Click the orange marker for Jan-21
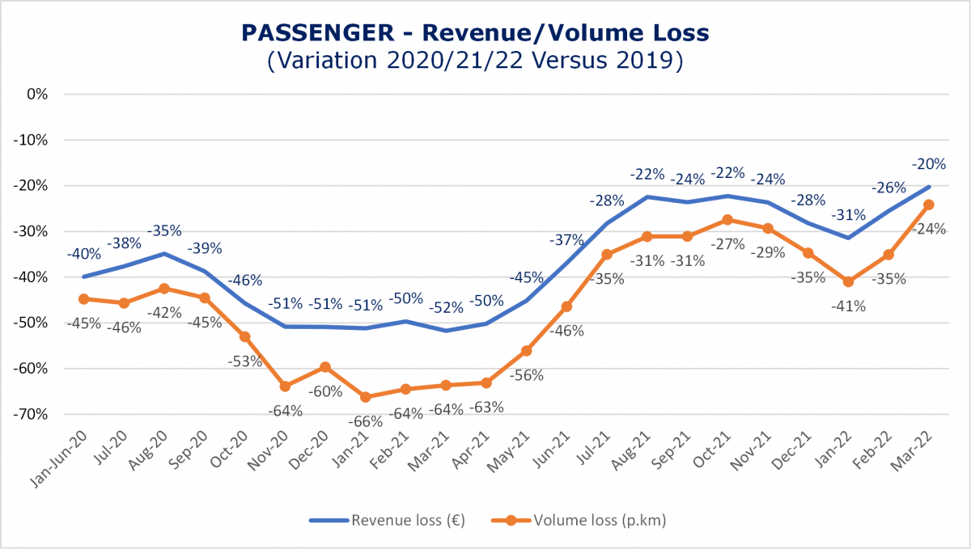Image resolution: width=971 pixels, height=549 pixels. pyautogui.click(x=365, y=397)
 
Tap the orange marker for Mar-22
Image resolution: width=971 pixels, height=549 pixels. pyautogui.click(x=929, y=205)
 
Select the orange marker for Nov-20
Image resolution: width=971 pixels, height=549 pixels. pyautogui.click(x=285, y=386)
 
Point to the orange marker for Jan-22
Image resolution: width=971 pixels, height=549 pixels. pyautogui.click(x=848, y=281)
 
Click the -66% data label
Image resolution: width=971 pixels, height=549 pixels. pyautogui.click(x=366, y=421)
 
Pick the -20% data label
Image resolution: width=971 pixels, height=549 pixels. pyautogui.click(x=929, y=164)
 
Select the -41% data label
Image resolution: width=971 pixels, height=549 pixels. pyautogui.click(x=849, y=306)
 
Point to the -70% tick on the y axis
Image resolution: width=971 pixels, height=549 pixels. pyautogui.click(x=32, y=415)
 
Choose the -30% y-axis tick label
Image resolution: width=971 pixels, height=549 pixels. pyautogui.click(x=32, y=231)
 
